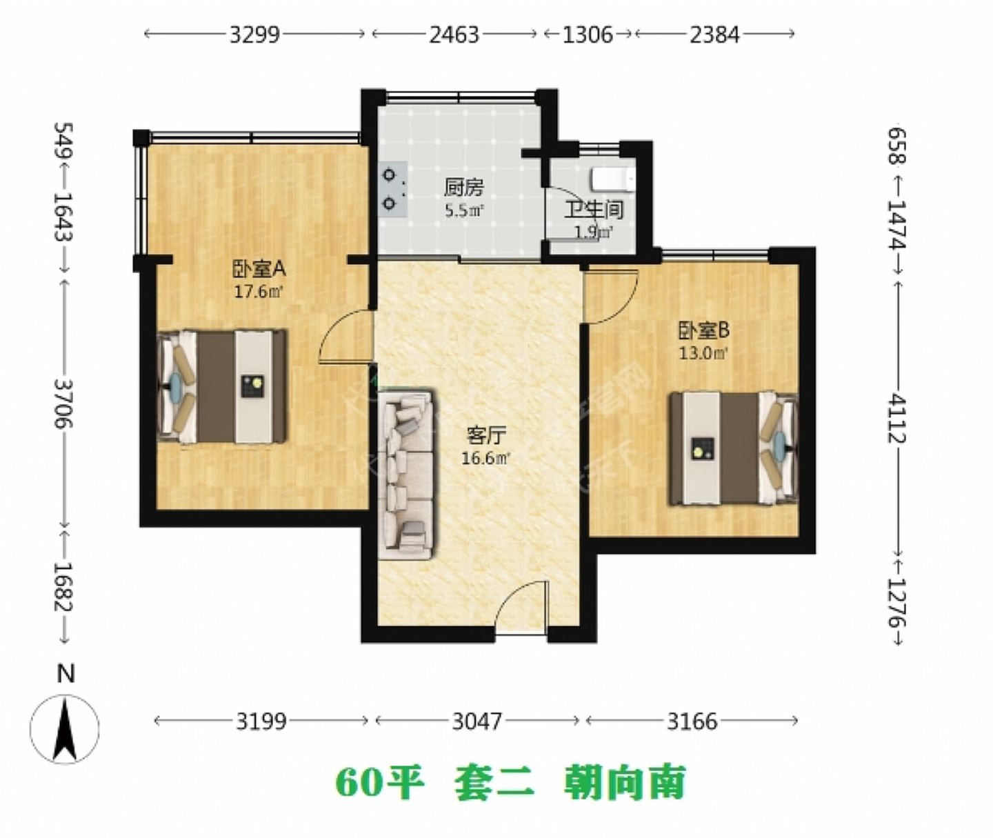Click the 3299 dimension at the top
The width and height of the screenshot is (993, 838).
pos(254,34)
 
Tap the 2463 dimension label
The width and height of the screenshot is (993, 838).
pos(454,34)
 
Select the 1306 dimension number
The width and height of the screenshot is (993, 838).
pos(588,34)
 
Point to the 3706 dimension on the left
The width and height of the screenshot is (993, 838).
pos(64,403)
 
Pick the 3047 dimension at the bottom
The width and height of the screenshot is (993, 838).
pos(477,721)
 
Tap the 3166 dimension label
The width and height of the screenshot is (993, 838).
pos(692,721)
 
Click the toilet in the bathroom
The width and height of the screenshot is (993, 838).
pos(612,179)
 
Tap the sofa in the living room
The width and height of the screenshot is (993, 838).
pos(406,474)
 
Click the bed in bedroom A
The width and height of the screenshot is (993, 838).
pos(222,386)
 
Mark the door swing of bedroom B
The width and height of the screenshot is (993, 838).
pos(610,296)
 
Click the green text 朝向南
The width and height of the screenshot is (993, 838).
pos(625,783)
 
